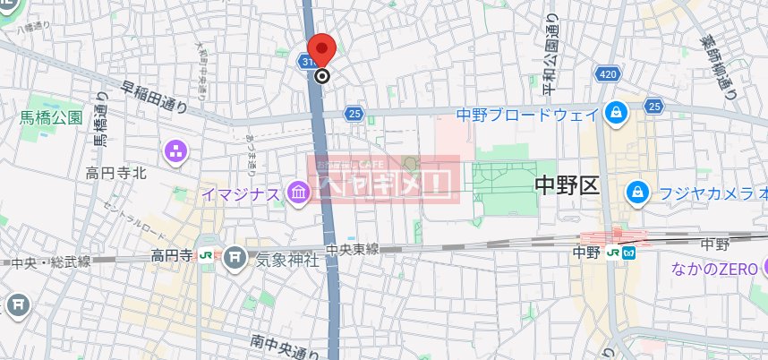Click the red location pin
point(321,50)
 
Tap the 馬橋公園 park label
point(52,117)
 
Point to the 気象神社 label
point(287,261)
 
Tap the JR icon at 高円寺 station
point(207,255)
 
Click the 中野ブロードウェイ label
point(526,114)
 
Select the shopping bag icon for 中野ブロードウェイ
point(616,112)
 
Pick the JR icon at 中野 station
point(613,253)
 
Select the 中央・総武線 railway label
point(51,262)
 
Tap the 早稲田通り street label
point(155,98)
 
